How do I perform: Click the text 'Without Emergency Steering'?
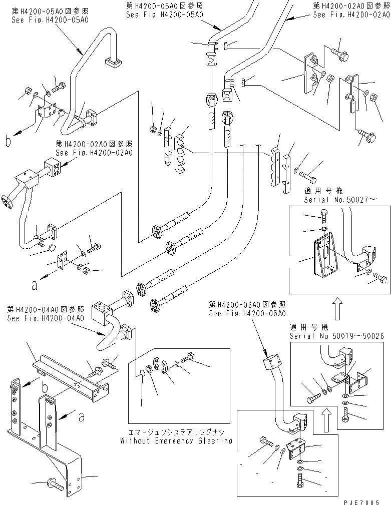pos(176,441)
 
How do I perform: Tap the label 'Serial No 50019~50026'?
pos(336,336)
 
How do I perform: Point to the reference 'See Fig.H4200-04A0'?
pos(46,318)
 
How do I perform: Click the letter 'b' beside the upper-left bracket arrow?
pos(8,142)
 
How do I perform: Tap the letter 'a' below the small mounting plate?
pos(34,286)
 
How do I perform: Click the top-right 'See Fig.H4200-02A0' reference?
pos(351,15)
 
